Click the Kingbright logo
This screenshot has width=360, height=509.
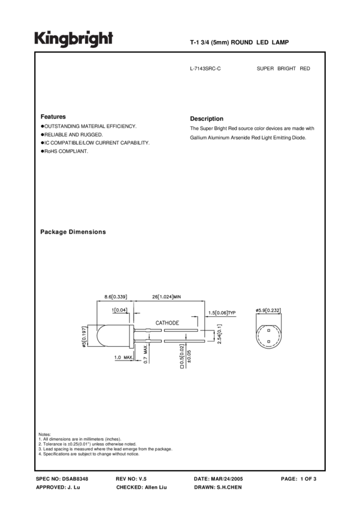click(x=73, y=39)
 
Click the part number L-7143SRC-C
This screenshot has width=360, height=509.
click(x=205, y=69)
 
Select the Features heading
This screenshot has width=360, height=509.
click(x=53, y=117)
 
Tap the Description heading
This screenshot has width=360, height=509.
click(x=207, y=119)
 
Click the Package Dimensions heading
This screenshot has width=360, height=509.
click(x=73, y=232)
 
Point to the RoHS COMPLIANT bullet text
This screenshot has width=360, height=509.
click(x=66, y=151)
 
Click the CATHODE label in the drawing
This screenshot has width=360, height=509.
click(x=167, y=323)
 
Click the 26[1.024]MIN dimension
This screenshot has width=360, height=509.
click(x=166, y=296)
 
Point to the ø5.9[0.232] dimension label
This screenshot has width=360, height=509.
click(x=268, y=310)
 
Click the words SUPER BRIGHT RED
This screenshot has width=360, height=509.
click(x=283, y=69)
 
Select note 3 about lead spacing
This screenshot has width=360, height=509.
click(x=105, y=449)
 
